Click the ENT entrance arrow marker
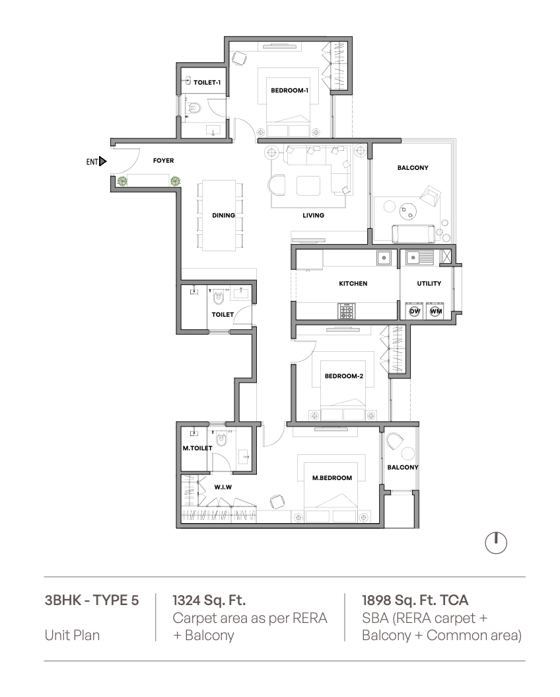[103, 161]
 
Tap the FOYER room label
[163, 161]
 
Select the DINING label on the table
[223, 215]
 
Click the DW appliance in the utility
[415, 311]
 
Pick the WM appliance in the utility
[435, 311]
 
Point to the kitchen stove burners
[346, 311]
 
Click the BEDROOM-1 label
[289, 90]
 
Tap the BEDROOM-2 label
[344, 376]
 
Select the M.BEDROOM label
[332, 478]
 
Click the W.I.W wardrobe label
[223, 487]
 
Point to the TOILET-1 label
[207, 82]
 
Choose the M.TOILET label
[197, 448]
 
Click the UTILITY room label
[429, 283]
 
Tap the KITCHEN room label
[353, 283]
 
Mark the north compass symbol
[496, 543]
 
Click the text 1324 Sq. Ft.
[209, 600]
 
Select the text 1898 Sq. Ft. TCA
[415, 600]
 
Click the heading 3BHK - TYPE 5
[92, 600]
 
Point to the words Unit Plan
[72, 635]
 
